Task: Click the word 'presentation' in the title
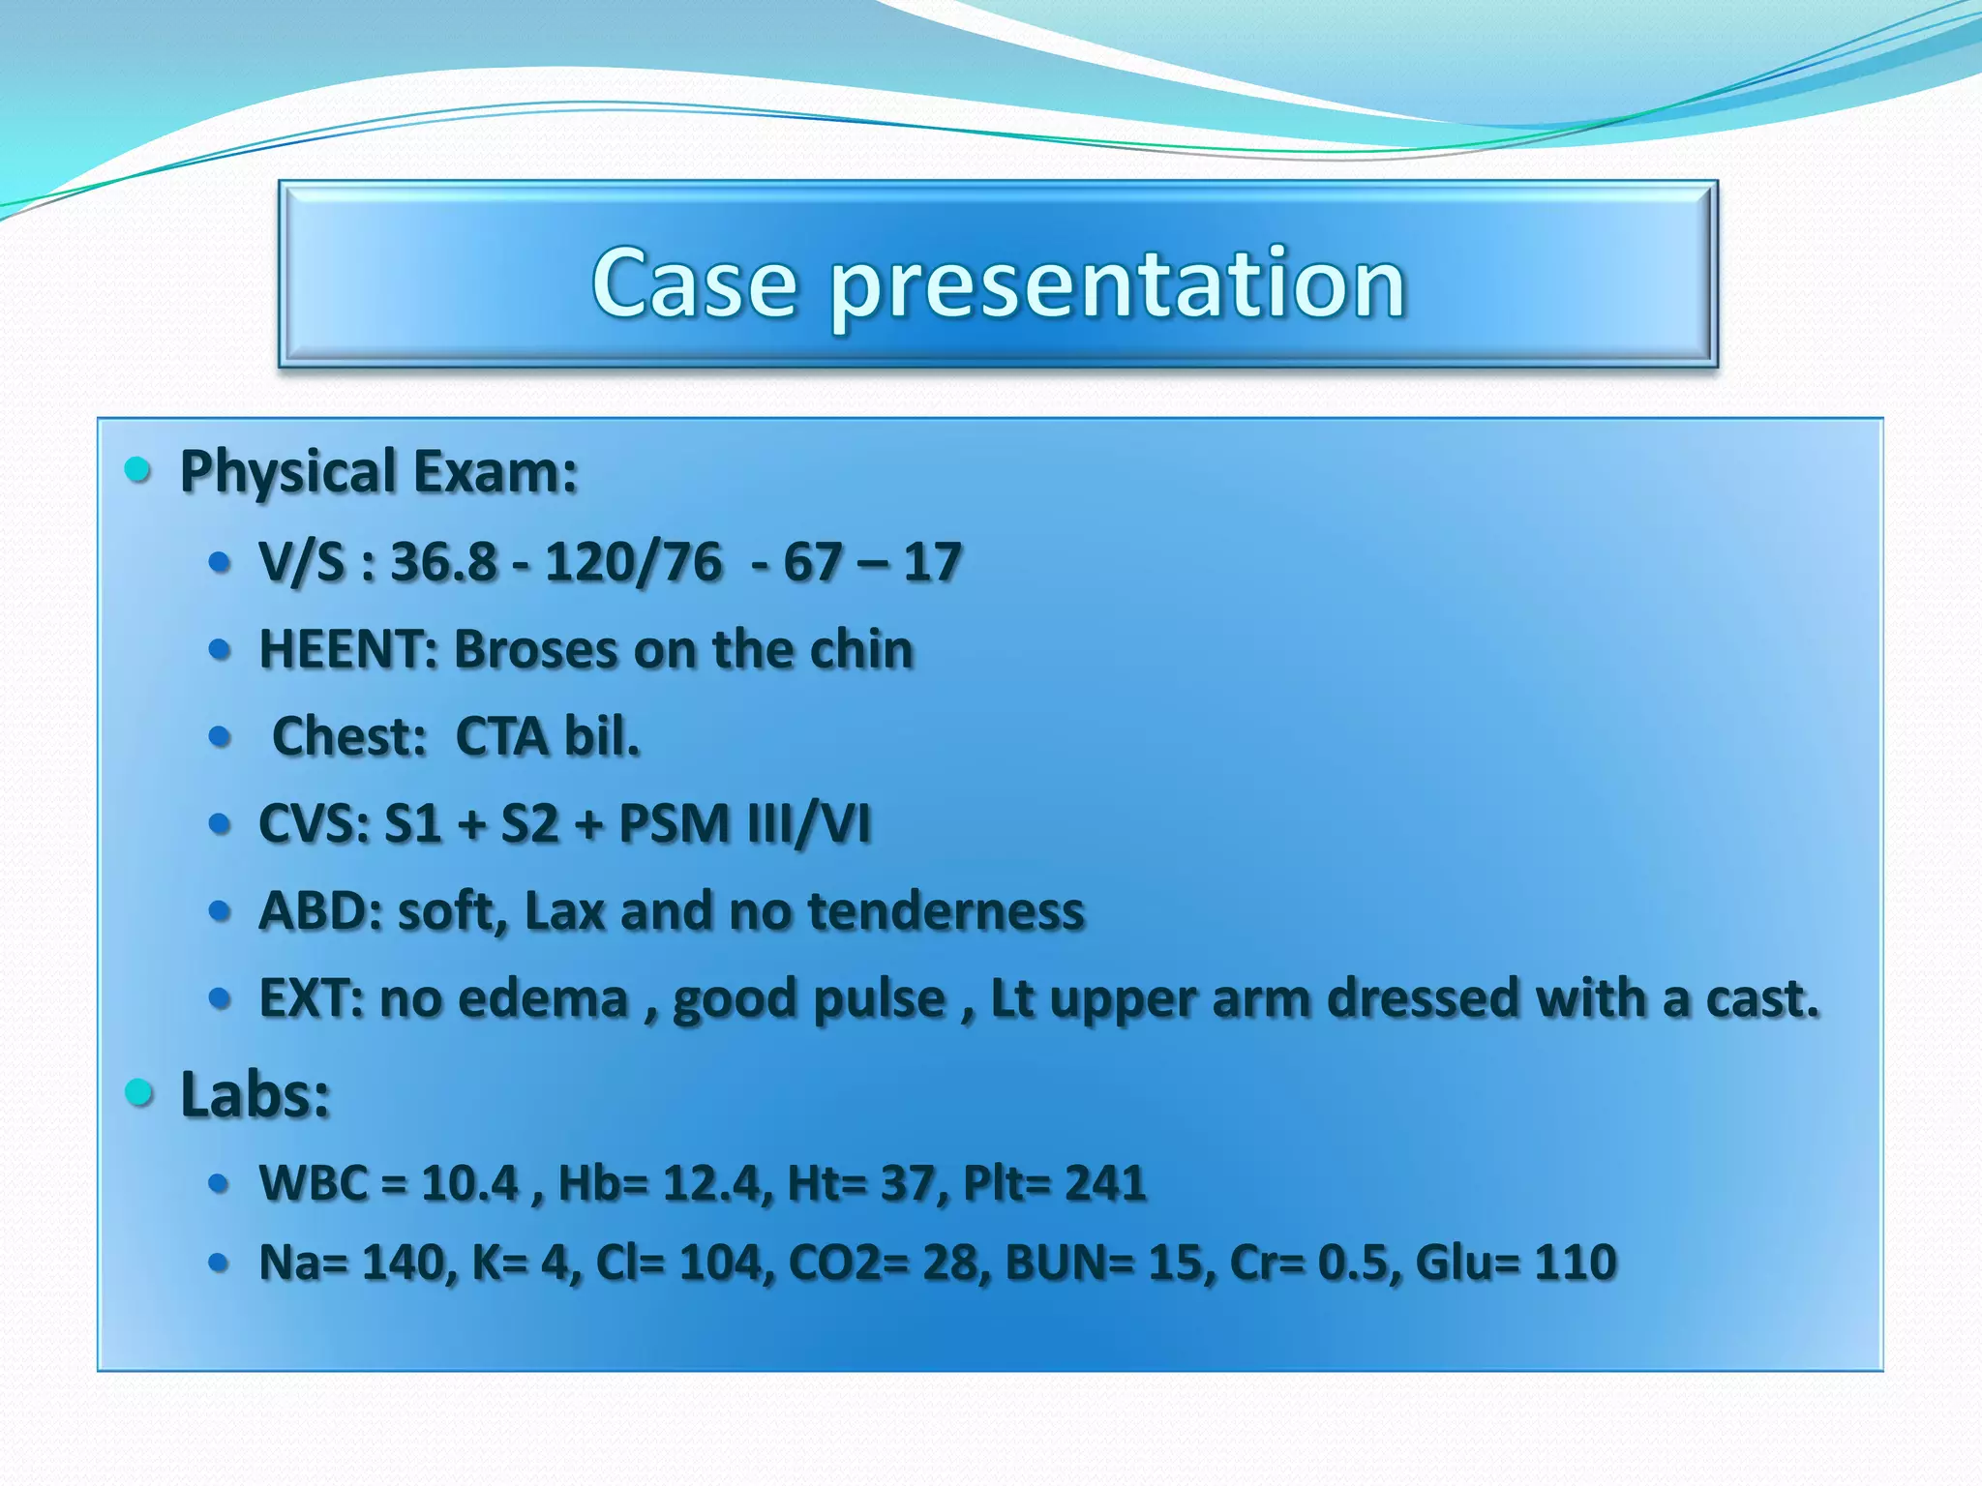click(1117, 284)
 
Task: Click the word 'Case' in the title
click(695, 284)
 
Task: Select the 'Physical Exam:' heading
click(378, 472)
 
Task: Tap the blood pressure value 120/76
click(633, 562)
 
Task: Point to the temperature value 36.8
click(443, 562)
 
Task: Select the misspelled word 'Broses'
click(536, 649)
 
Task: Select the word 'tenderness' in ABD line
click(946, 911)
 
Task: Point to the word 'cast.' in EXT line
click(1761, 998)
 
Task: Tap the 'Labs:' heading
click(255, 1095)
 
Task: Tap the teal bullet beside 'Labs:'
click(139, 1093)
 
